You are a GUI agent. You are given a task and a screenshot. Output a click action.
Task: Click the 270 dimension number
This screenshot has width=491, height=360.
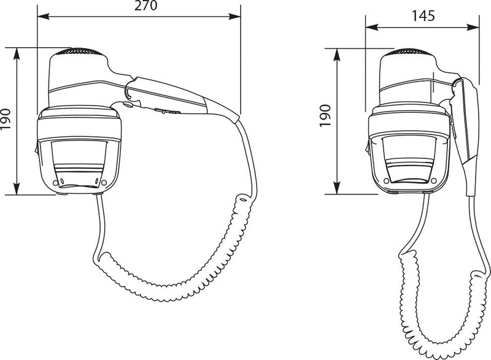145,6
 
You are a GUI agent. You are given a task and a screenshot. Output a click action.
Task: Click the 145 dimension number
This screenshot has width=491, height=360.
423,16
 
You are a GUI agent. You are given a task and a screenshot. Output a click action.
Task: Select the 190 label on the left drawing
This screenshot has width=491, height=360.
6,119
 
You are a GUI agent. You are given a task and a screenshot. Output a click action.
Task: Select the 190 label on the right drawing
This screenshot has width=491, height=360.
325,116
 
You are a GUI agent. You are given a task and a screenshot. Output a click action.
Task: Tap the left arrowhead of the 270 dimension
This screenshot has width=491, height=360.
43,17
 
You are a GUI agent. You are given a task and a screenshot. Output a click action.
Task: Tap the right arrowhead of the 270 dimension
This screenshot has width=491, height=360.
234,17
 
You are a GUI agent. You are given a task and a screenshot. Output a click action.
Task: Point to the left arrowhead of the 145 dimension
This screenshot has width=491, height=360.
372,28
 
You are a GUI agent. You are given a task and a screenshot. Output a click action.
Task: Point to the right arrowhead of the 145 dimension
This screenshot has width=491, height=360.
473,28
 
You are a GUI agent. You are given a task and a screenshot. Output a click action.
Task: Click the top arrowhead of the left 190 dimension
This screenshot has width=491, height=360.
17,54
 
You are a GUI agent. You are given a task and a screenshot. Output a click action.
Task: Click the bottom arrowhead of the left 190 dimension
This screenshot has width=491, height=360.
17,189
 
